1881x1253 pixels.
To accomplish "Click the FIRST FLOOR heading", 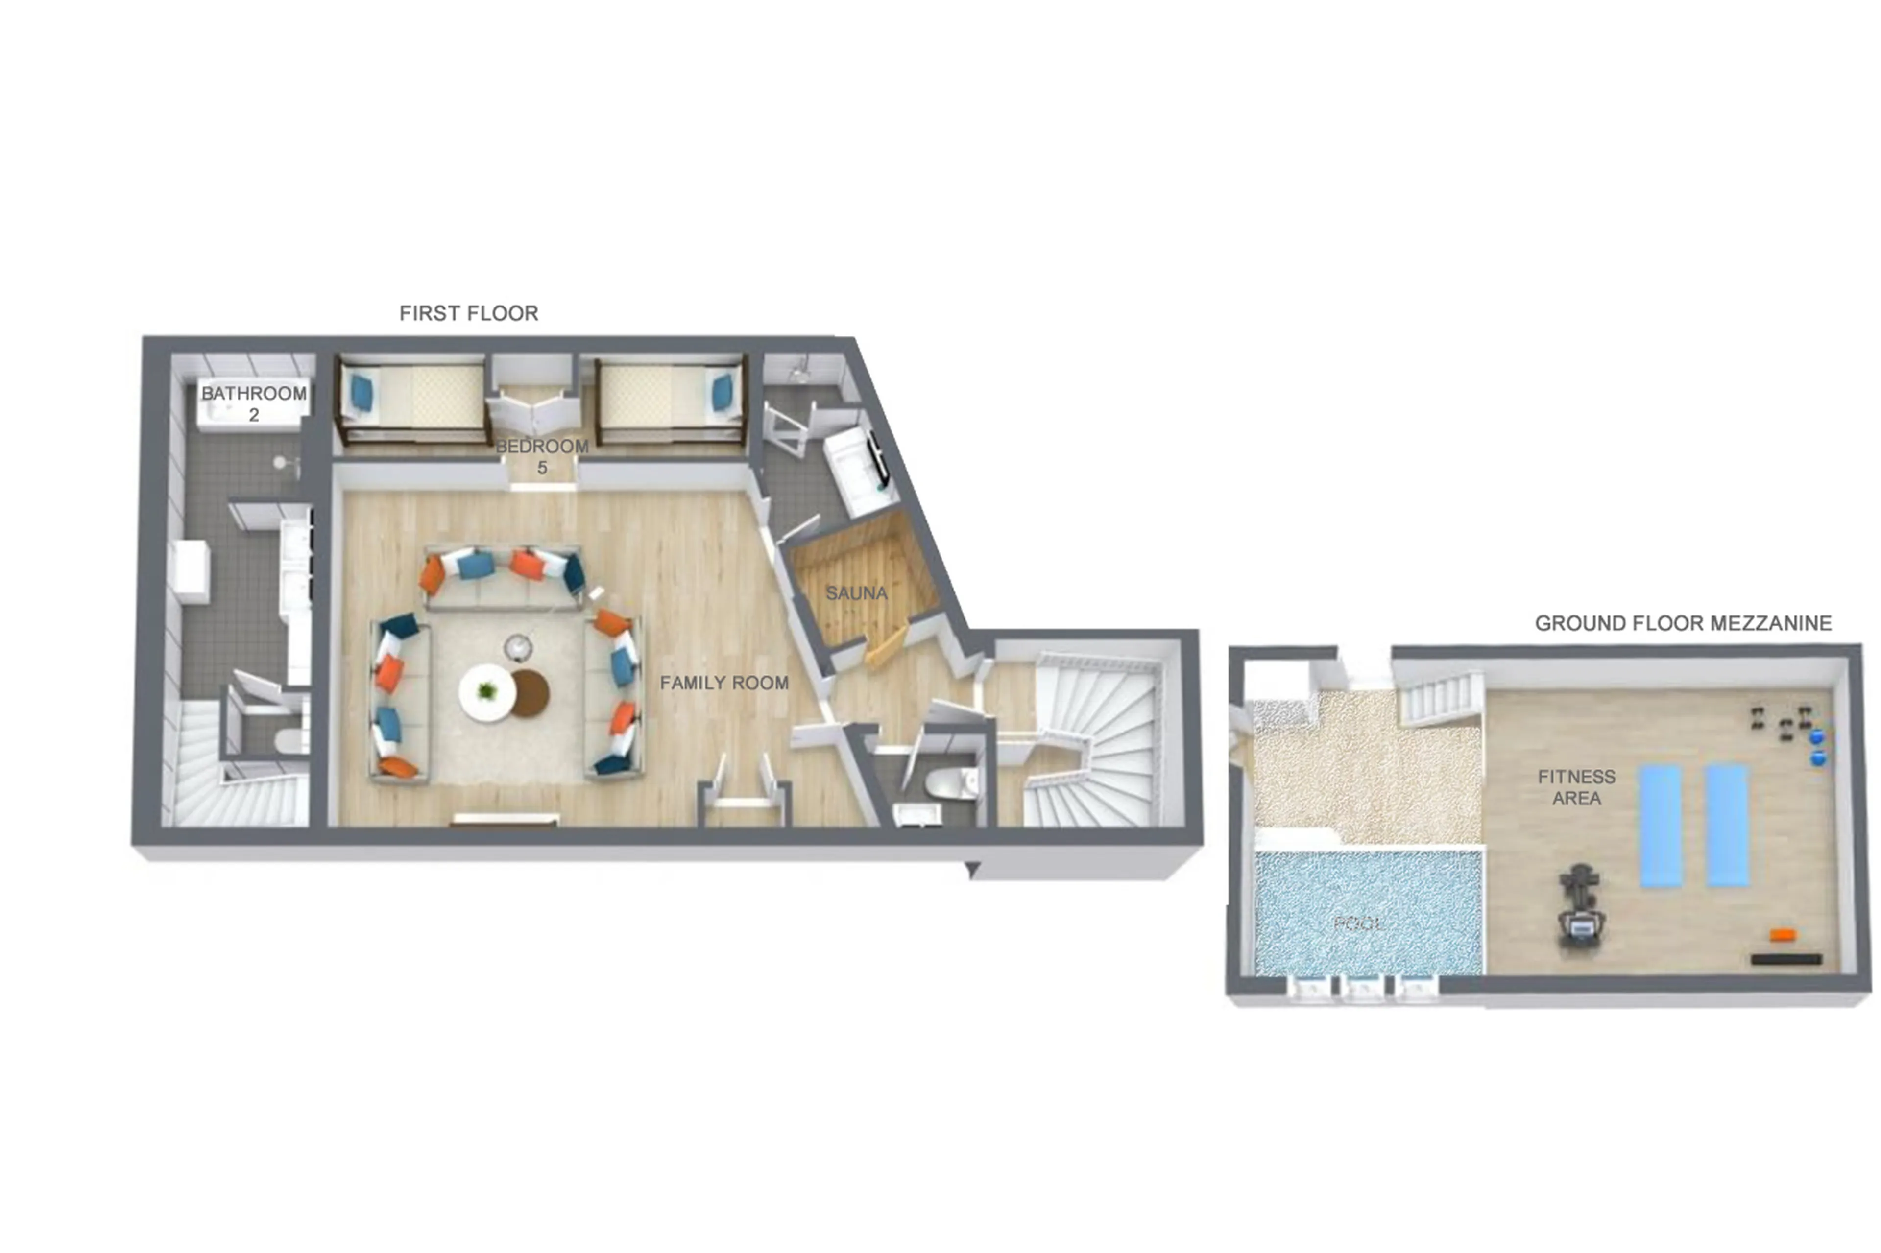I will (x=468, y=313).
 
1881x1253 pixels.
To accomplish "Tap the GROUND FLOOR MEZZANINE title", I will (x=1683, y=623).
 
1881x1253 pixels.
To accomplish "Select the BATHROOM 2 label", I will (x=253, y=403).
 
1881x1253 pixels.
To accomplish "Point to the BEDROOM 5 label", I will (x=542, y=456).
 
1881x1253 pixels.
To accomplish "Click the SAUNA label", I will (x=856, y=593).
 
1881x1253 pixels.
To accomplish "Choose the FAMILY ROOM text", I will (x=723, y=683).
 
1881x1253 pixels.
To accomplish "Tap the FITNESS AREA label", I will (x=1576, y=787).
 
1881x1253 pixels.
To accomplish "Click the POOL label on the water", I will (x=1359, y=924).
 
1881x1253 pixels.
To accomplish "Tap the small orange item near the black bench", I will (x=1782, y=934).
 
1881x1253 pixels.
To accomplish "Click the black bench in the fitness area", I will (x=1786, y=959).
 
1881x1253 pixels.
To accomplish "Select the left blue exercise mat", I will (x=1661, y=826).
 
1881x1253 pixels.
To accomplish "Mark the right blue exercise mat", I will (x=1727, y=826).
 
